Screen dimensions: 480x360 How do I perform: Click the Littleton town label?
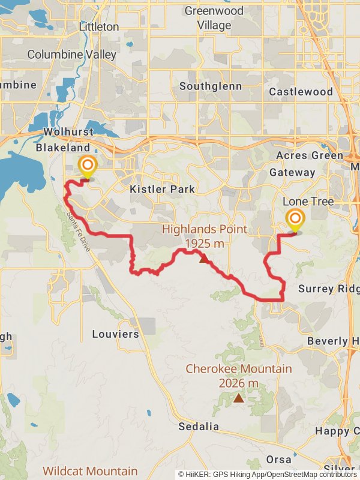99,27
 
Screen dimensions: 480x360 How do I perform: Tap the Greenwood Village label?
214,18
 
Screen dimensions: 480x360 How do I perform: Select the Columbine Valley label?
72,55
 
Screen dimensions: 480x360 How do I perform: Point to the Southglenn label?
211,86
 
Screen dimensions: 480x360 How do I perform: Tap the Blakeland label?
62,148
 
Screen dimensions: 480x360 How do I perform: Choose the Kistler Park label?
162,189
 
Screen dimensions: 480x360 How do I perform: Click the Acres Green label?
301,155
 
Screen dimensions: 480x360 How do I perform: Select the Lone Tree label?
308,202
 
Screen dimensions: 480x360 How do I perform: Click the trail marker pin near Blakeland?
88,167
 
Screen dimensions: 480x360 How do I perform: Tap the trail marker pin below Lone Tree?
295,220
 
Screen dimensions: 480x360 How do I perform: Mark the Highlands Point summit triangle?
203,259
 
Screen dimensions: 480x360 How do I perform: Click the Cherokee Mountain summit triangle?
239,397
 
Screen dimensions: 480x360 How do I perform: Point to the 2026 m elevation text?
239,383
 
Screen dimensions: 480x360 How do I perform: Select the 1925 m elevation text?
205,243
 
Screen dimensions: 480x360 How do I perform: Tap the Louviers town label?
115,334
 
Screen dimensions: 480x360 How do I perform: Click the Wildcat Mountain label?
90,471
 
